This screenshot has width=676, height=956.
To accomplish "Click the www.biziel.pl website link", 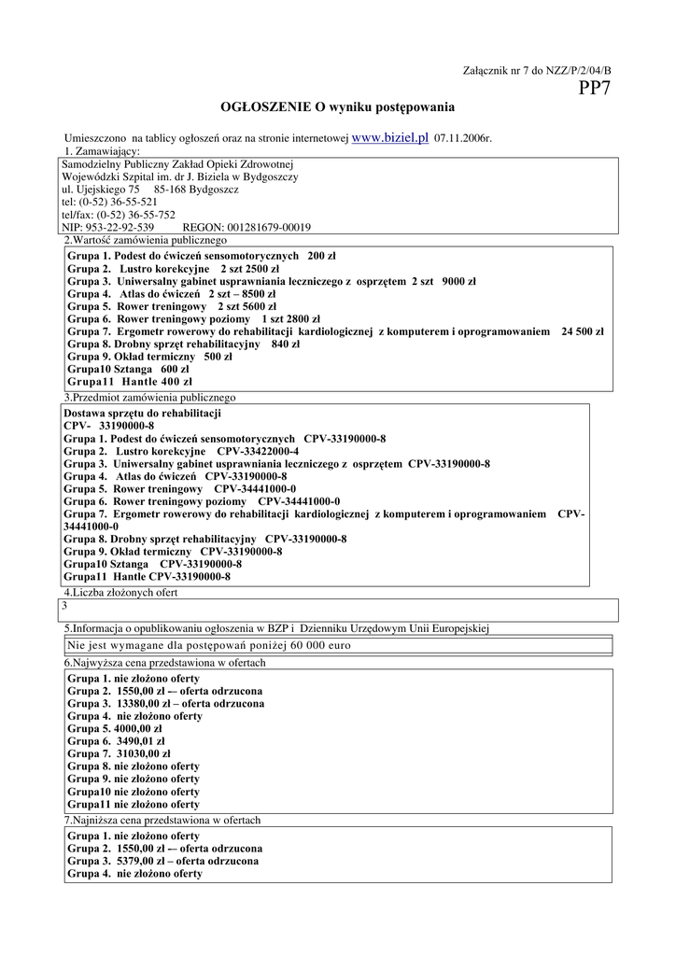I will (390, 137).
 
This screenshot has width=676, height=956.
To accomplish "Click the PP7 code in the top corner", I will (595, 89).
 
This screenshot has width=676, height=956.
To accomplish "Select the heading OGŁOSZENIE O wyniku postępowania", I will (337, 107).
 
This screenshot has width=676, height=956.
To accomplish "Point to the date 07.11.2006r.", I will (463, 138).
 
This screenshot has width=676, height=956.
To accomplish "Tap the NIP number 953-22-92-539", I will (122, 227).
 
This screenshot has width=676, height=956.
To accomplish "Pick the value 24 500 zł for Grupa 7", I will (582, 330).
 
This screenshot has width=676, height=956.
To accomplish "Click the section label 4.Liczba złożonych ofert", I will (120, 592).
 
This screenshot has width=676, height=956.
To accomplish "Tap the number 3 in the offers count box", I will (64, 606).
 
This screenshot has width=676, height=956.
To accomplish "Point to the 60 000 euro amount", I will (320, 645).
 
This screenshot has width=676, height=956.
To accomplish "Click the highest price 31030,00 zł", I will (143, 753).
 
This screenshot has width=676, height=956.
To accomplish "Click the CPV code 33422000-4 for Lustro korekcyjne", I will (258, 451).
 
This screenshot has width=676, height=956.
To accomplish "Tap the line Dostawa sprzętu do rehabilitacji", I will (142, 413).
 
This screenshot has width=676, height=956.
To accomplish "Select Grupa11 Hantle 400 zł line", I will (130, 381).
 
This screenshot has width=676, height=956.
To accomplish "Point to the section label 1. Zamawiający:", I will (103, 150).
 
